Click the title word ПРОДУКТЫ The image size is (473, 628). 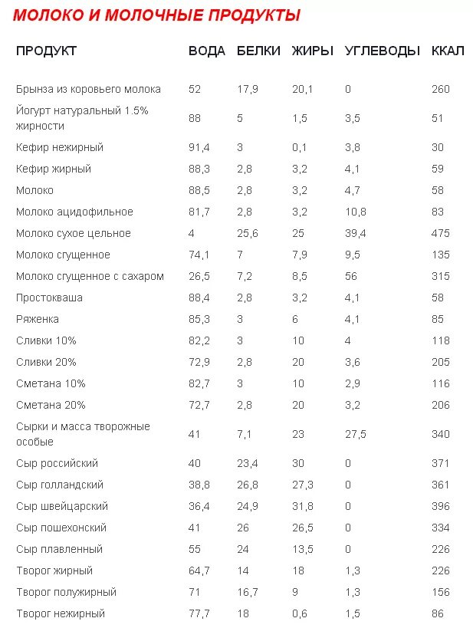[x=249, y=15]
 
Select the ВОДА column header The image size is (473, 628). [x=207, y=51]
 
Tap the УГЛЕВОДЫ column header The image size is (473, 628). [x=383, y=51]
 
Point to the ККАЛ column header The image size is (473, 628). [x=448, y=51]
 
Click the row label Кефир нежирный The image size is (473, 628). [x=60, y=147]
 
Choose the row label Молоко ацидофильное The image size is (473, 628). [x=74, y=212]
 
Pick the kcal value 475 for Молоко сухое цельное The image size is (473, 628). [x=441, y=233]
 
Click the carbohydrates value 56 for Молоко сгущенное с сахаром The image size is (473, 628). [x=351, y=276]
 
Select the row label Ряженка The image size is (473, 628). [x=38, y=319]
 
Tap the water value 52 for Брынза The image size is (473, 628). [x=194, y=89]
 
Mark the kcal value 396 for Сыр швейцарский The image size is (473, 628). [x=441, y=506]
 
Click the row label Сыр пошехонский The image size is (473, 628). [x=61, y=528]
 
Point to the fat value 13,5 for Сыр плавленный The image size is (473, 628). [x=303, y=549]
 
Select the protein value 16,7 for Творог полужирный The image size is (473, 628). [x=247, y=592]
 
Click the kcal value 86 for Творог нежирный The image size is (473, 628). [x=438, y=613]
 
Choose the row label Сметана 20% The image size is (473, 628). [x=51, y=405]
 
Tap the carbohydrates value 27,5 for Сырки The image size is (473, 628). [x=356, y=434]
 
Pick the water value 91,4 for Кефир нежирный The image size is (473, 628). [x=199, y=147]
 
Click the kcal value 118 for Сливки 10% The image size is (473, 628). [x=441, y=340]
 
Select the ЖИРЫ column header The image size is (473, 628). [x=313, y=51]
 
